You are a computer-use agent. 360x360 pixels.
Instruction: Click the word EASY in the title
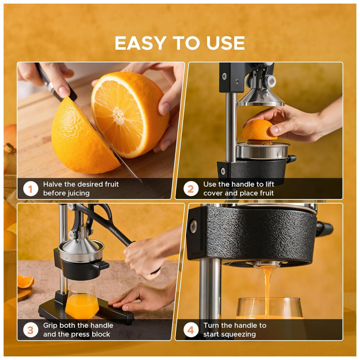click(140, 43)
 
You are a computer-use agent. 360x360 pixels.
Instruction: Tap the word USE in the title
click(226, 43)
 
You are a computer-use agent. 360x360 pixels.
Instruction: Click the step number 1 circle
click(31, 189)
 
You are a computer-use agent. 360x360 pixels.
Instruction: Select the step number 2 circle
click(191, 189)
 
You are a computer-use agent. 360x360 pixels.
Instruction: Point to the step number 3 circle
click(31, 330)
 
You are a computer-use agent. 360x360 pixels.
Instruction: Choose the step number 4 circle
click(191, 330)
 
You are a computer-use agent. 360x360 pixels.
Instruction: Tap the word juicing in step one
click(77, 193)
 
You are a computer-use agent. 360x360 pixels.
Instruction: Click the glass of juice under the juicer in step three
click(82, 301)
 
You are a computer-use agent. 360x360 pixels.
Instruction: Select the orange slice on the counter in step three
click(26, 282)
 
